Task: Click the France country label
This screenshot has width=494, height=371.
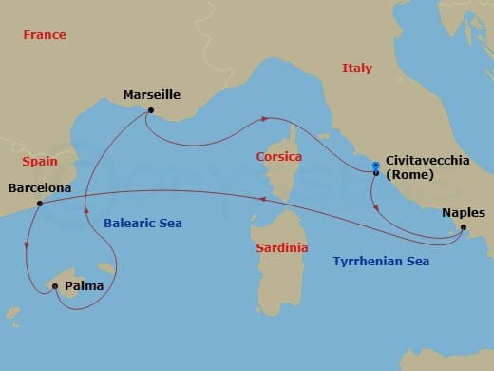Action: pos(45,35)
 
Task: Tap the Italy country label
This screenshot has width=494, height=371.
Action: pos(357,68)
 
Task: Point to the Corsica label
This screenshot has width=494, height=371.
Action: pos(279,156)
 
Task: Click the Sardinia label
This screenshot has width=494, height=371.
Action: pos(282,247)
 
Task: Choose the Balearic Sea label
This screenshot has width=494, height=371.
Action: pos(142,223)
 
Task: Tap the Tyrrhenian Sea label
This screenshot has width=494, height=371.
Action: pos(381,261)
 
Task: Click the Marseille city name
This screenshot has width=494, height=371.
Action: pos(152,95)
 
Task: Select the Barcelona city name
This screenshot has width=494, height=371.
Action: pos(39,188)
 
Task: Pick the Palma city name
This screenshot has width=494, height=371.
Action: pos(85,285)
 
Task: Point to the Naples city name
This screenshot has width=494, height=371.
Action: pos(464,213)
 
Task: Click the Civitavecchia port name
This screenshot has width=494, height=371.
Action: pos(427,162)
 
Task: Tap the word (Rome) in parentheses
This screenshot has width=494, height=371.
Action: pos(410,175)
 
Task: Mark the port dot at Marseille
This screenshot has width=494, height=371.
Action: pos(150,110)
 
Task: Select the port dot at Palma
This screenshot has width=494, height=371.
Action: pos(55,286)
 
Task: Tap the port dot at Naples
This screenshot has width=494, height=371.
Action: pos(463,227)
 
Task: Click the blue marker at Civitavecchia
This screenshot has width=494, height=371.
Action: pos(376,167)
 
